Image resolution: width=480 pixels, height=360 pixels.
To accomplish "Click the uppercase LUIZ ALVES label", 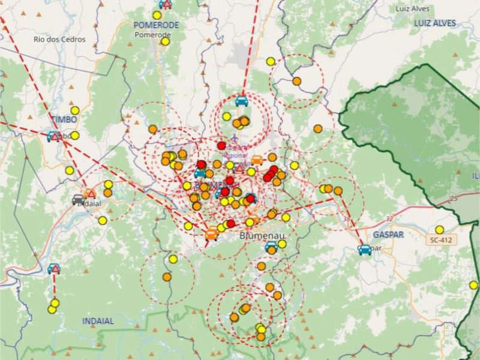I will (434, 23).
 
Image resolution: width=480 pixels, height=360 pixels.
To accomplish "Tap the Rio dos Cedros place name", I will (59, 40).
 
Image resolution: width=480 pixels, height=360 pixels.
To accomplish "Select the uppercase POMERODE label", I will (156, 25).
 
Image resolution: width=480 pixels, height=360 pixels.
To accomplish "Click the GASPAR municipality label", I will (388, 234).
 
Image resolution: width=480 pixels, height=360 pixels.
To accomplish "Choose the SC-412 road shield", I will (440, 240).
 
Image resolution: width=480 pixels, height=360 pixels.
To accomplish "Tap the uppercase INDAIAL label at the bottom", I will (98, 321).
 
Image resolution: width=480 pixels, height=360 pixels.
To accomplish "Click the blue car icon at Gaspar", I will (364, 249).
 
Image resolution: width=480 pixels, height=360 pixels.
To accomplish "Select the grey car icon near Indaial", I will (79, 199).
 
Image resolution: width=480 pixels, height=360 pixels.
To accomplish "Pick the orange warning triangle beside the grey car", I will (90, 194).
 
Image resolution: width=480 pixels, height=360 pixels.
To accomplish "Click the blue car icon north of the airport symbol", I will (242, 101).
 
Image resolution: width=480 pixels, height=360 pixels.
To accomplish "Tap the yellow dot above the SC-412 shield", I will (439, 229).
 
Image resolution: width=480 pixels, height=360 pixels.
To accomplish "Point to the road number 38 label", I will (346, 220).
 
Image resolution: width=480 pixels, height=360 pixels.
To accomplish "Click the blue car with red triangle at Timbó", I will (54, 136).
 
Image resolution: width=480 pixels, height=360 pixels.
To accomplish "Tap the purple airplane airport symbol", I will (233, 140).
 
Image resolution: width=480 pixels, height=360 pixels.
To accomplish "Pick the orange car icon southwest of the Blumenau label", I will (211, 235).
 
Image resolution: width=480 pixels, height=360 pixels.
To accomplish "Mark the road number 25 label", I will (454, 199).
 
